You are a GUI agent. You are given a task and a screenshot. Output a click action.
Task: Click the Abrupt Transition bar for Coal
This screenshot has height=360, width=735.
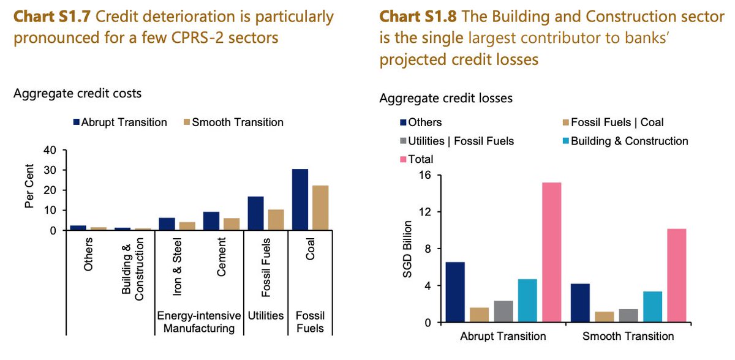point(300,200)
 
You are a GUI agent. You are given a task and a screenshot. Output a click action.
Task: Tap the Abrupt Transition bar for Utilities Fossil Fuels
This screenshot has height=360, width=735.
point(256,213)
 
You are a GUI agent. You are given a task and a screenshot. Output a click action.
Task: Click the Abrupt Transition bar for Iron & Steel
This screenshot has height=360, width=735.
point(167,224)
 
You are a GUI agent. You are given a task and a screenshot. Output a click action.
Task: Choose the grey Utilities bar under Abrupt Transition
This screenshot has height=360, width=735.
point(503,312)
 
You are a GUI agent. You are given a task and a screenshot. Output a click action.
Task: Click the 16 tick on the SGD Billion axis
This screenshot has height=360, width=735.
point(424,175)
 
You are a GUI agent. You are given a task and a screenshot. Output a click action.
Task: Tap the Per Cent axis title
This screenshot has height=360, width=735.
point(29,190)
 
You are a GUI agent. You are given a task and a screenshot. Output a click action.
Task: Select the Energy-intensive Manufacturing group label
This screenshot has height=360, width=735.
point(196,322)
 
